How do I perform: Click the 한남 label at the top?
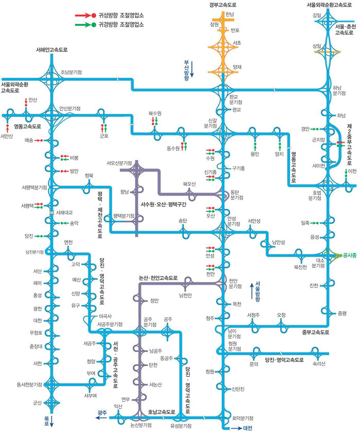click(229, 14)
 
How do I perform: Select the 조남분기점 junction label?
click(71, 72)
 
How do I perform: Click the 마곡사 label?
click(105, 316)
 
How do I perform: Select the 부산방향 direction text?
click(187, 68)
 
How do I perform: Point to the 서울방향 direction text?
click(257, 291)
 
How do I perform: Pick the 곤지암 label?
click(318, 139)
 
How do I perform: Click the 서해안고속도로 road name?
click(52, 50)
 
